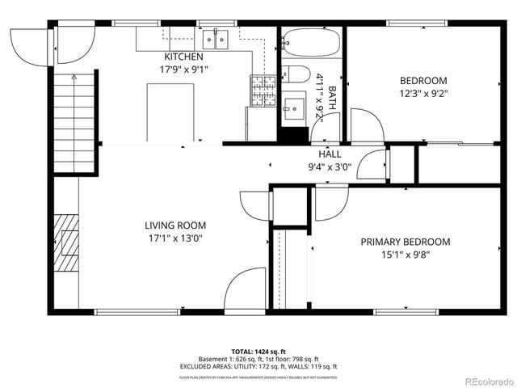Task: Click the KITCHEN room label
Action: [x=183, y=57]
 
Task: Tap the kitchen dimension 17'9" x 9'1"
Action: [x=183, y=69]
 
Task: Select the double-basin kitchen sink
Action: [x=216, y=37]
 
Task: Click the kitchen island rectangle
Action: [x=170, y=112]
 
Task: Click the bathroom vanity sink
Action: [x=292, y=105]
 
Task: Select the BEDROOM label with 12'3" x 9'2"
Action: [x=423, y=80]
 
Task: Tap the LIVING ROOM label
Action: [x=175, y=226]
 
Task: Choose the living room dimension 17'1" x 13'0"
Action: [x=175, y=238]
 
